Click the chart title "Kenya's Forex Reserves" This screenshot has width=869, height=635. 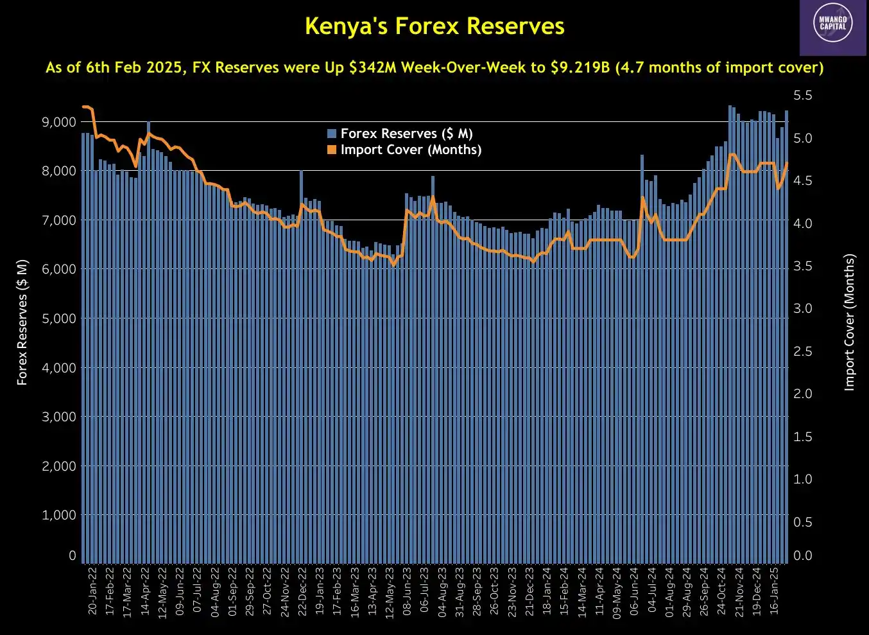(x=434, y=26)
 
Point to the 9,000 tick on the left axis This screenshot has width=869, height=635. (x=59, y=122)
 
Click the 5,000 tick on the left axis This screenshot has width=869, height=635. (x=59, y=318)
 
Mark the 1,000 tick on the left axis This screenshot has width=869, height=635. (x=59, y=515)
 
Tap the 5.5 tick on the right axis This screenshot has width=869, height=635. (x=803, y=96)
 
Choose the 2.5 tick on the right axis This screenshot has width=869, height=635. (x=803, y=351)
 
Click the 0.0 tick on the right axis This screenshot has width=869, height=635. (x=803, y=555)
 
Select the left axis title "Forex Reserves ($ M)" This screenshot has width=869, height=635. (x=22, y=322)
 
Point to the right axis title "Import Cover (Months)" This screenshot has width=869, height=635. (x=849, y=322)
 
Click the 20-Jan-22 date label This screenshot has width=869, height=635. (x=92, y=591)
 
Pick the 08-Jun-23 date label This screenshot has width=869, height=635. (x=407, y=591)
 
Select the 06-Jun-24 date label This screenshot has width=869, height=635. (x=634, y=591)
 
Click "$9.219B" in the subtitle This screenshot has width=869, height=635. (x=580, y=67)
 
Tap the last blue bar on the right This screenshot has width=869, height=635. (x=786, y=334)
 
